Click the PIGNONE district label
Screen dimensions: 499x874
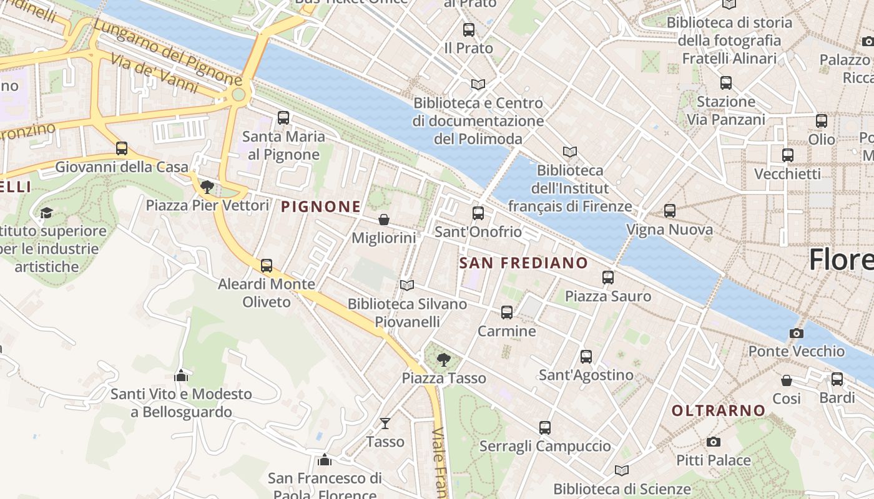[321, 206]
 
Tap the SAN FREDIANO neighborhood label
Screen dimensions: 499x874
[524, 263]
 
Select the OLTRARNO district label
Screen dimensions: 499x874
[719, 410]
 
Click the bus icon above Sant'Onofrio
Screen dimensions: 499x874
[478, 213]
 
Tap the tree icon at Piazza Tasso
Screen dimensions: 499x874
[444, 359]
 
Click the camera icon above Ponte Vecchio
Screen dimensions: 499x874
[796, 333]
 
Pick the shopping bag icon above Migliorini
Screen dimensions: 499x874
[384, 220]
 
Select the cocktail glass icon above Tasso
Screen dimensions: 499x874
[385, 424]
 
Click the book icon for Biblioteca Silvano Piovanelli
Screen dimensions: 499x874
[407, 285]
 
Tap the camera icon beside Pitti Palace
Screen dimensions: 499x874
[714, 442]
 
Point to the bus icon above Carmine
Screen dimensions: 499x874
[507, 312]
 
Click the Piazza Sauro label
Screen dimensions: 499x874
[607, 296]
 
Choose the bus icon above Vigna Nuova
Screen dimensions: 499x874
[670, 211]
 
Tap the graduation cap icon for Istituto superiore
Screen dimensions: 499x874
[46, 213]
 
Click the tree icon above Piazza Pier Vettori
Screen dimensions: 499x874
[207, 187]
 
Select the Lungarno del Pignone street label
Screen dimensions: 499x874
[167, 52]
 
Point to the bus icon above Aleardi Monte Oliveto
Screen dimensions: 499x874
[267, 266]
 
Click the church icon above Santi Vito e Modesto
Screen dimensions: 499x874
[181, 375]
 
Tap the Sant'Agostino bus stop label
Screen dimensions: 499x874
[586, 375]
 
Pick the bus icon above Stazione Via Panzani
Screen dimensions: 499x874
[725, 83]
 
